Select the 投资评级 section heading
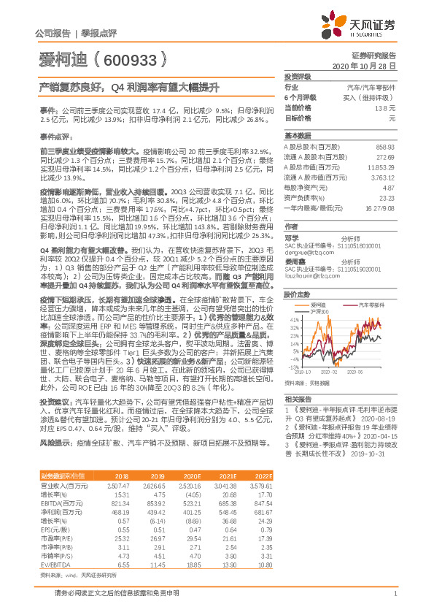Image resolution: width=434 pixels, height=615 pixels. coord(298,76)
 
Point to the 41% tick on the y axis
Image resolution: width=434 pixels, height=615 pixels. coord(292,320)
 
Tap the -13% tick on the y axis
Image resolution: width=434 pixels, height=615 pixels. coord(292,367)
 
